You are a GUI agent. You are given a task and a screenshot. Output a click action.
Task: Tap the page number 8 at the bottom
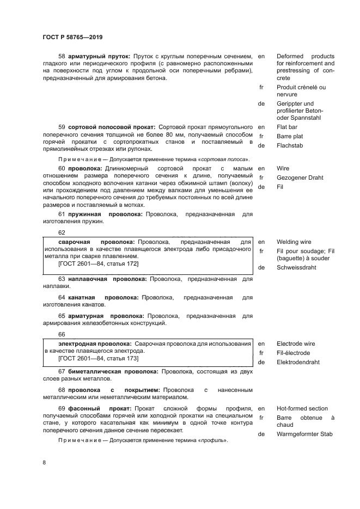pos(44,462)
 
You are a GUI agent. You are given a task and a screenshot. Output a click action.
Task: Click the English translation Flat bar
pos(290,127)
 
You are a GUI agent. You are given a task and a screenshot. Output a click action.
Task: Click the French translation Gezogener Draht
pos(300,177)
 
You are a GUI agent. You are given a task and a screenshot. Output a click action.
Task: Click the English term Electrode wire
pos(296,344)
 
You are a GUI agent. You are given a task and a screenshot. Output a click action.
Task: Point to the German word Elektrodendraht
pos(298,362)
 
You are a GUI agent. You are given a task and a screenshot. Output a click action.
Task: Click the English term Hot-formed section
pos(302,408)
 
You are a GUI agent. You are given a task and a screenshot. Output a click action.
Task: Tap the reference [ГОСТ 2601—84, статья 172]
pos(99,263)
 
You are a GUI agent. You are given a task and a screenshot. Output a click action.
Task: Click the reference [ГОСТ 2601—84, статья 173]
pos(99,358)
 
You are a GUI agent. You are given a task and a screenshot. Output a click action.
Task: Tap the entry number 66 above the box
pos(62,334)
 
